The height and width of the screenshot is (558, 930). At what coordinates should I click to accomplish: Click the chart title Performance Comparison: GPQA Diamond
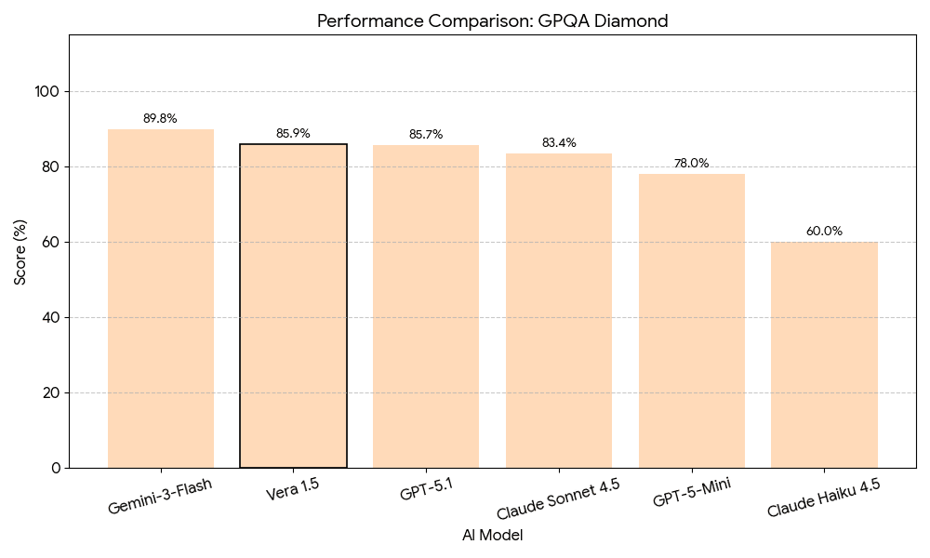492,20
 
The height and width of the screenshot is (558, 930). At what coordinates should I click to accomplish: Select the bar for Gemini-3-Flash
161,298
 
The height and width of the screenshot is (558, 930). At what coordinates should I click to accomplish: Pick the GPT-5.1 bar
426,306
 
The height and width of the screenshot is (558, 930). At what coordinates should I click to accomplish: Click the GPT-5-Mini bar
692,320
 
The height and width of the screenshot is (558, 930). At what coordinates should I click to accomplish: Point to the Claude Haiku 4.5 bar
824,354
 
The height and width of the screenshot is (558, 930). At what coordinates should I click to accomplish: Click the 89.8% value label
160,119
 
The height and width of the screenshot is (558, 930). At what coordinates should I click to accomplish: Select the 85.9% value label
293,134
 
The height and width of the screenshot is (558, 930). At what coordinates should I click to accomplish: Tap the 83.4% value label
559,143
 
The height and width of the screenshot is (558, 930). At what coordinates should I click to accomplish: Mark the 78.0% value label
691,164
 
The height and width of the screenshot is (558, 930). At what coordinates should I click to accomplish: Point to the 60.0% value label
824,232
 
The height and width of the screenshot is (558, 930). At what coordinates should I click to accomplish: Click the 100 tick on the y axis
47,92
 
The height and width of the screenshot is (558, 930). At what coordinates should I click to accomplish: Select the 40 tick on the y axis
51,317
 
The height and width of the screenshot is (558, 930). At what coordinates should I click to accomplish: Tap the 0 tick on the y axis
55,468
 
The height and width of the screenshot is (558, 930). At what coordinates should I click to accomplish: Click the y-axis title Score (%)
20,251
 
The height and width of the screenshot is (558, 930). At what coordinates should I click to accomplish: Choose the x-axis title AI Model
492,536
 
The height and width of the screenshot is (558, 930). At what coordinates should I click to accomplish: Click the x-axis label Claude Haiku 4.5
824,498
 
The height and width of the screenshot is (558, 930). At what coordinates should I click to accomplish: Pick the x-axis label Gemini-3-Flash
160,496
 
